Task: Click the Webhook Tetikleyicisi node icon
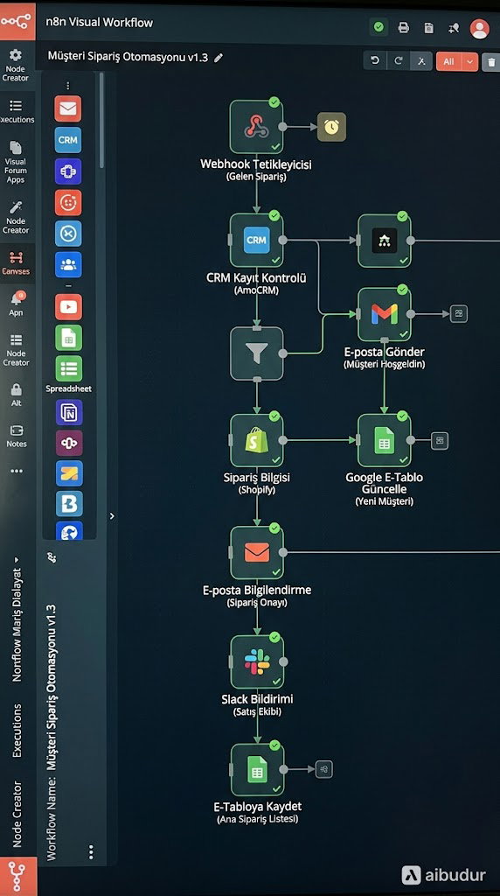tap(256, 127)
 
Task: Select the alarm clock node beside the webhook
tap(331, 127)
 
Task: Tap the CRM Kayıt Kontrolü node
tap(256, 240)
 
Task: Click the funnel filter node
tap(256, 353)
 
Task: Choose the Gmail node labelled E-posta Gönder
tap(384, 314)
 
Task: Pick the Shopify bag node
tap(256, 441)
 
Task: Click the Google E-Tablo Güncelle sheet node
tap(384, 441)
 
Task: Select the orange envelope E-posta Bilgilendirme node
tap(256, 553)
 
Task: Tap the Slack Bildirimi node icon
tap(257, 661)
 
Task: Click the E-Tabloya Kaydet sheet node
tap(257, 770)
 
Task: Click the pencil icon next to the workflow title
tap(218, 58)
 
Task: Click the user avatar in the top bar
tap(479, 28)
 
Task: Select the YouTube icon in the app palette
tap(68, 307)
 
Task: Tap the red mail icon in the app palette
tap(68, 108)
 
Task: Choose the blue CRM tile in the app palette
tap(68, 140)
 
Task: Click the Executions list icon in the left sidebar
tap(16, 106)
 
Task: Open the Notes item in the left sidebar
tap(17, 436)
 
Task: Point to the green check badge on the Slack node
tap(274, 637)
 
